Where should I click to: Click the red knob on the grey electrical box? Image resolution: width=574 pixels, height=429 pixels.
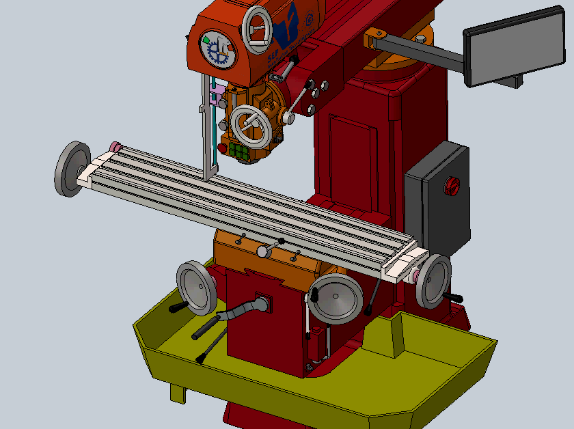pos(452,186)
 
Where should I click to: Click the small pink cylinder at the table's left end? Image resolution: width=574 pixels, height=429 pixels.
pos(115,146)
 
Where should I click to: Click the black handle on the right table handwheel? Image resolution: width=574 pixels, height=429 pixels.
pos(453,296)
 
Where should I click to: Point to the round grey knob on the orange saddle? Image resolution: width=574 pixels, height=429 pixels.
pos(262,251)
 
